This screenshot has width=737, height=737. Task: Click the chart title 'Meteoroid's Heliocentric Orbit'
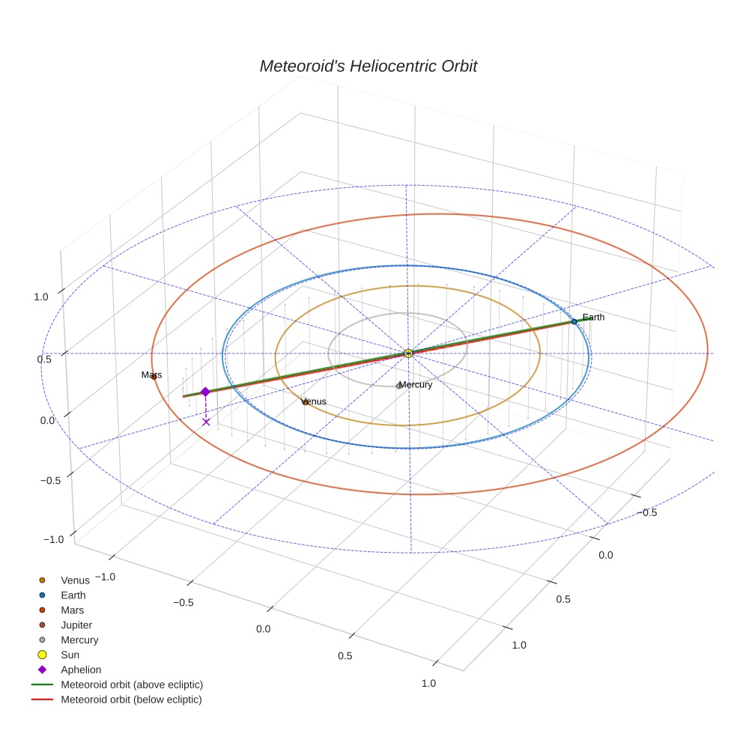[368, 66]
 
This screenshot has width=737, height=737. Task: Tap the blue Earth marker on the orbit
[574, 321]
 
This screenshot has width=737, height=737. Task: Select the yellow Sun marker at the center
[408, 353]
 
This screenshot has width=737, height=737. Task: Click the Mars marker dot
[154, 377]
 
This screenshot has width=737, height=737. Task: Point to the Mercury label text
[416, 385]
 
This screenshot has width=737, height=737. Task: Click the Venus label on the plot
[315, 401]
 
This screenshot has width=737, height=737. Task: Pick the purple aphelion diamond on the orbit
[205, 392]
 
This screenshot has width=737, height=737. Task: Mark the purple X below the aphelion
[206, 422]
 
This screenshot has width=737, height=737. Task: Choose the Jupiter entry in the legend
[76, 625]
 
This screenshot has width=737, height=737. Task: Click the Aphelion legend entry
[81, 670]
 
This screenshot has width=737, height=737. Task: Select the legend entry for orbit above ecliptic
[132, 685]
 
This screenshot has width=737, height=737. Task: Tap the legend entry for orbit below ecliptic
[131, 700]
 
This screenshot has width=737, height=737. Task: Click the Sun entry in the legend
[70, 655]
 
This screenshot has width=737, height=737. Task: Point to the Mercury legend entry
[79, 640]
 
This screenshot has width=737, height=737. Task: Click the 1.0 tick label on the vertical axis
[41, 297]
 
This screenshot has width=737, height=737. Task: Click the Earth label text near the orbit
[593, 318]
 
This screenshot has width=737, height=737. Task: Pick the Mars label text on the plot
[151, 374]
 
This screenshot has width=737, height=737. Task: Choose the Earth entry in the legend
[73, 595]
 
